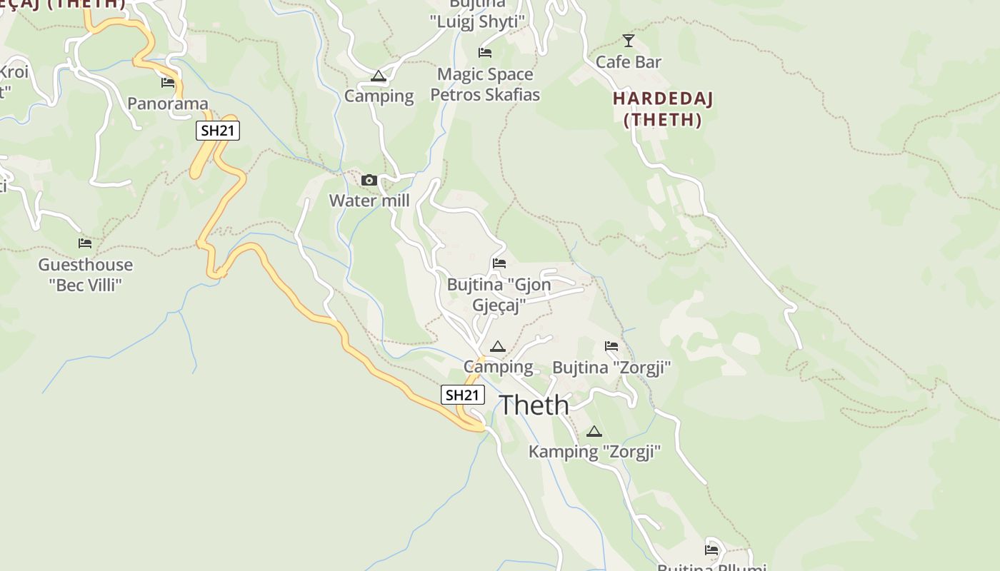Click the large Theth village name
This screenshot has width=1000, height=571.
pyautogui.click(x=534, y=405)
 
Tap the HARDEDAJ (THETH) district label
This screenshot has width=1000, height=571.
pyautogui.click(x=663, y=108)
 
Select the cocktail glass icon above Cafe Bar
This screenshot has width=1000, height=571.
pyautogui.click(x=629, y=41)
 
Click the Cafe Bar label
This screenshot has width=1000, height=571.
pyautogui.click(x=629, y=62)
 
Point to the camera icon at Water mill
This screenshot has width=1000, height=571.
pyautogui.click(x=369, y=180)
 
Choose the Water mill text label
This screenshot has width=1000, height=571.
pyautogui.click(x=369, y=201)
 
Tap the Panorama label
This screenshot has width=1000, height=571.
pyautogui.click(x=168, y=103)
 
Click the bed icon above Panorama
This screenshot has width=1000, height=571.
pyautogui.click(x=168, y=83)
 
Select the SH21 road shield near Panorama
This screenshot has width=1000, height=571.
pyautogui.click(x=218, y=131)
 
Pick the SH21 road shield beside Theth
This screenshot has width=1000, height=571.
pyautogui.click(x=463, y=395)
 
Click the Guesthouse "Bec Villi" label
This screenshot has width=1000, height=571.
pyautogui.click(x=86, y=275)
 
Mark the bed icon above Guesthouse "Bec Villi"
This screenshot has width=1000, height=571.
pyautogui.click(x=85, y=243)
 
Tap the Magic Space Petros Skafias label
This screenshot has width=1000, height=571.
pyautogui.click(x=485, y=84)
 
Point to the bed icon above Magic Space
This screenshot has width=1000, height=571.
pyautogui.click(x=485, y=52)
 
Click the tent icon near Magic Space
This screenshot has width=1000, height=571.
pyautogui.click(x=379, y=76)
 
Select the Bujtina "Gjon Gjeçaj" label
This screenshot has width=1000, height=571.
pyautogui.click(x=499, y=295)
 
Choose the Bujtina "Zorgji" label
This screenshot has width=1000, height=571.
pyautogui.click(x=611, y=368)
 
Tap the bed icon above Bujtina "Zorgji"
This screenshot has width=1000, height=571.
pyautogui.click(x=611, y=346)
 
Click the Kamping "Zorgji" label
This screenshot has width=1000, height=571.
pyautogui.click(x=594, y=451)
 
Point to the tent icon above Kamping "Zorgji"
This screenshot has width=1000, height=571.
pyautogui.click(x=594, y=431)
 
